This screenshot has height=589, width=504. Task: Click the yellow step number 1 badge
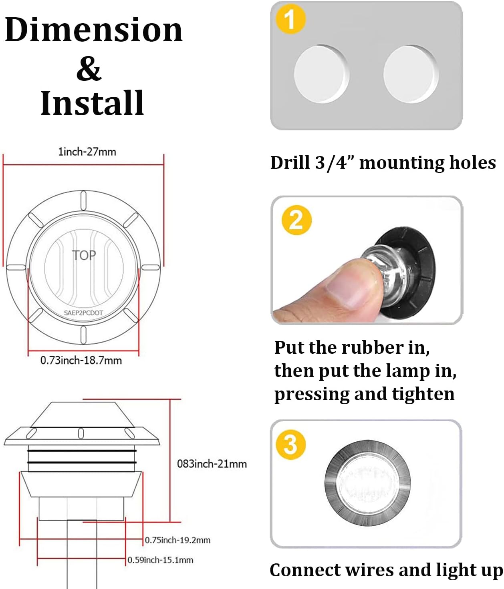click(291, 19)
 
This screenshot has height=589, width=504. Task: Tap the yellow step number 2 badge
click(296, 220)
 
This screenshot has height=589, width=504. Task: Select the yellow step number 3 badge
click(291, 445)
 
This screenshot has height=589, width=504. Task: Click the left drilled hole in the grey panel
click(322, 74)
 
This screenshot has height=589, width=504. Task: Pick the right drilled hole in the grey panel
click(411, 74)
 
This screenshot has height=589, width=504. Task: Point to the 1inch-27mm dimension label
click(87, 152)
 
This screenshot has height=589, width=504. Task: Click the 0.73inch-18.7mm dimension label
click(81, 361)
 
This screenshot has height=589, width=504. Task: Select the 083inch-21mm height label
click(212, 464)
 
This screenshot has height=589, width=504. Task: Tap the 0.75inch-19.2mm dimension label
click(177, 540)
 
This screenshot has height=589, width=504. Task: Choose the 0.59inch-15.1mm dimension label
click(160, 560)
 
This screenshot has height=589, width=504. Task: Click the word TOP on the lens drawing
click(84, 255)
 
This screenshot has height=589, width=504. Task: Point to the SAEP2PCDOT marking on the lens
click(83, 313)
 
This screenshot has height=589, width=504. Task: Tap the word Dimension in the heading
click(94, 30)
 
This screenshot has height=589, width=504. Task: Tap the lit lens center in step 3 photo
click(367, 483)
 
